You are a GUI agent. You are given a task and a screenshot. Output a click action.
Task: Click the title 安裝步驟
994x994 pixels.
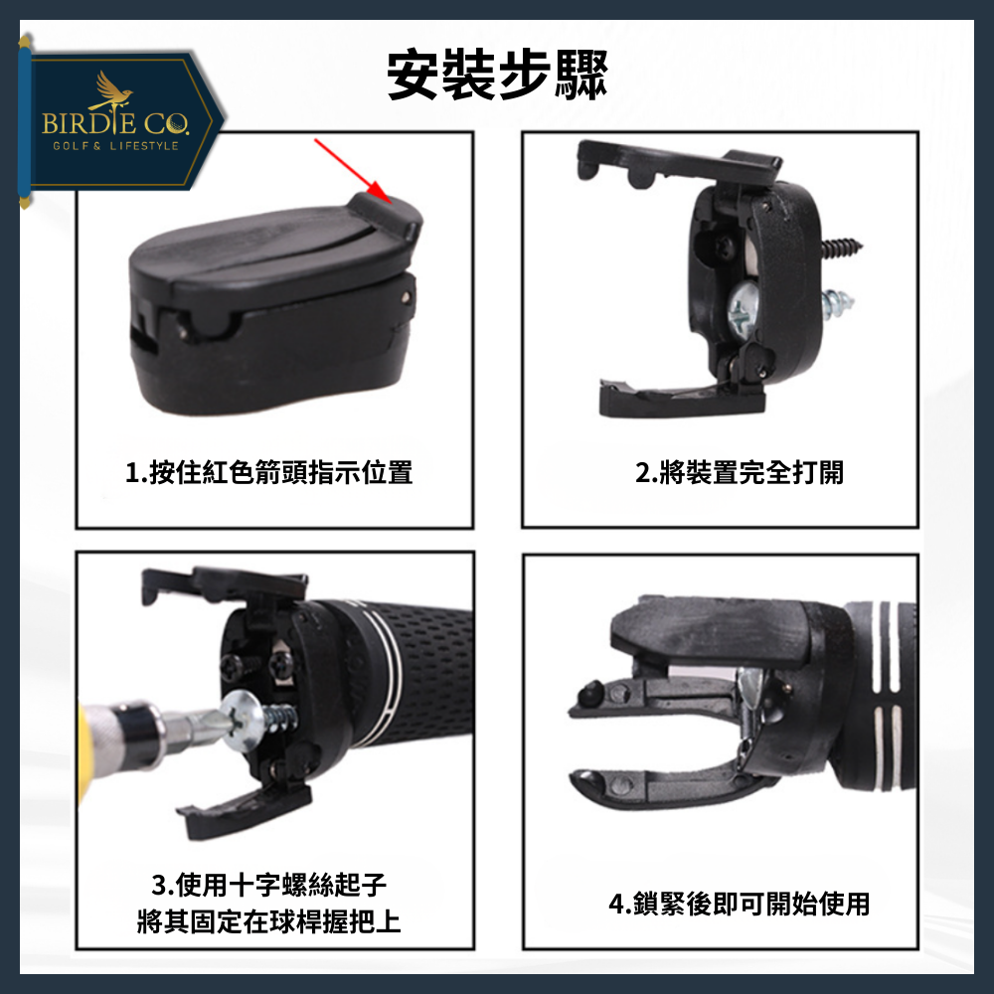496,76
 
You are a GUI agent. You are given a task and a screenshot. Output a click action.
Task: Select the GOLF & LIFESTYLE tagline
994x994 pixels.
115,146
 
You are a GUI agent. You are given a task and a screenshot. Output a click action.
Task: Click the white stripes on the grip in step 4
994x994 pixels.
885,696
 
